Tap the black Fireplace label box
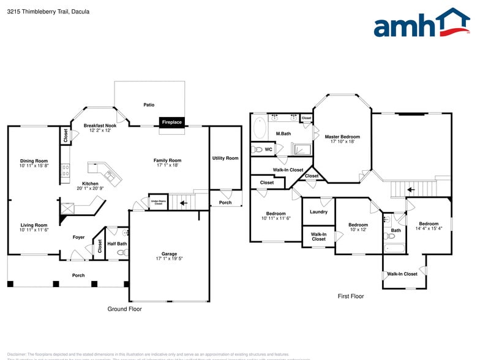[171, 122]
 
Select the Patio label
[149, 105]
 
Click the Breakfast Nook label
[100, 126]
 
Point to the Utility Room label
[225, 158]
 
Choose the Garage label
[169, 253]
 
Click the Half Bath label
[117, 244]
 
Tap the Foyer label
[79, 237]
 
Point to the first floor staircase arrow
[411, 189]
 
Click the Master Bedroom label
[342, 137]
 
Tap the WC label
[268, 149]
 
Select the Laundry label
[318, 212]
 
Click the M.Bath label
[283, 133]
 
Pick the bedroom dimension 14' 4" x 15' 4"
[429, 229]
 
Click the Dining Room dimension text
[33, 166]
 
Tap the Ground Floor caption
[125, 309]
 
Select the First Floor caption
[351, 296]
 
